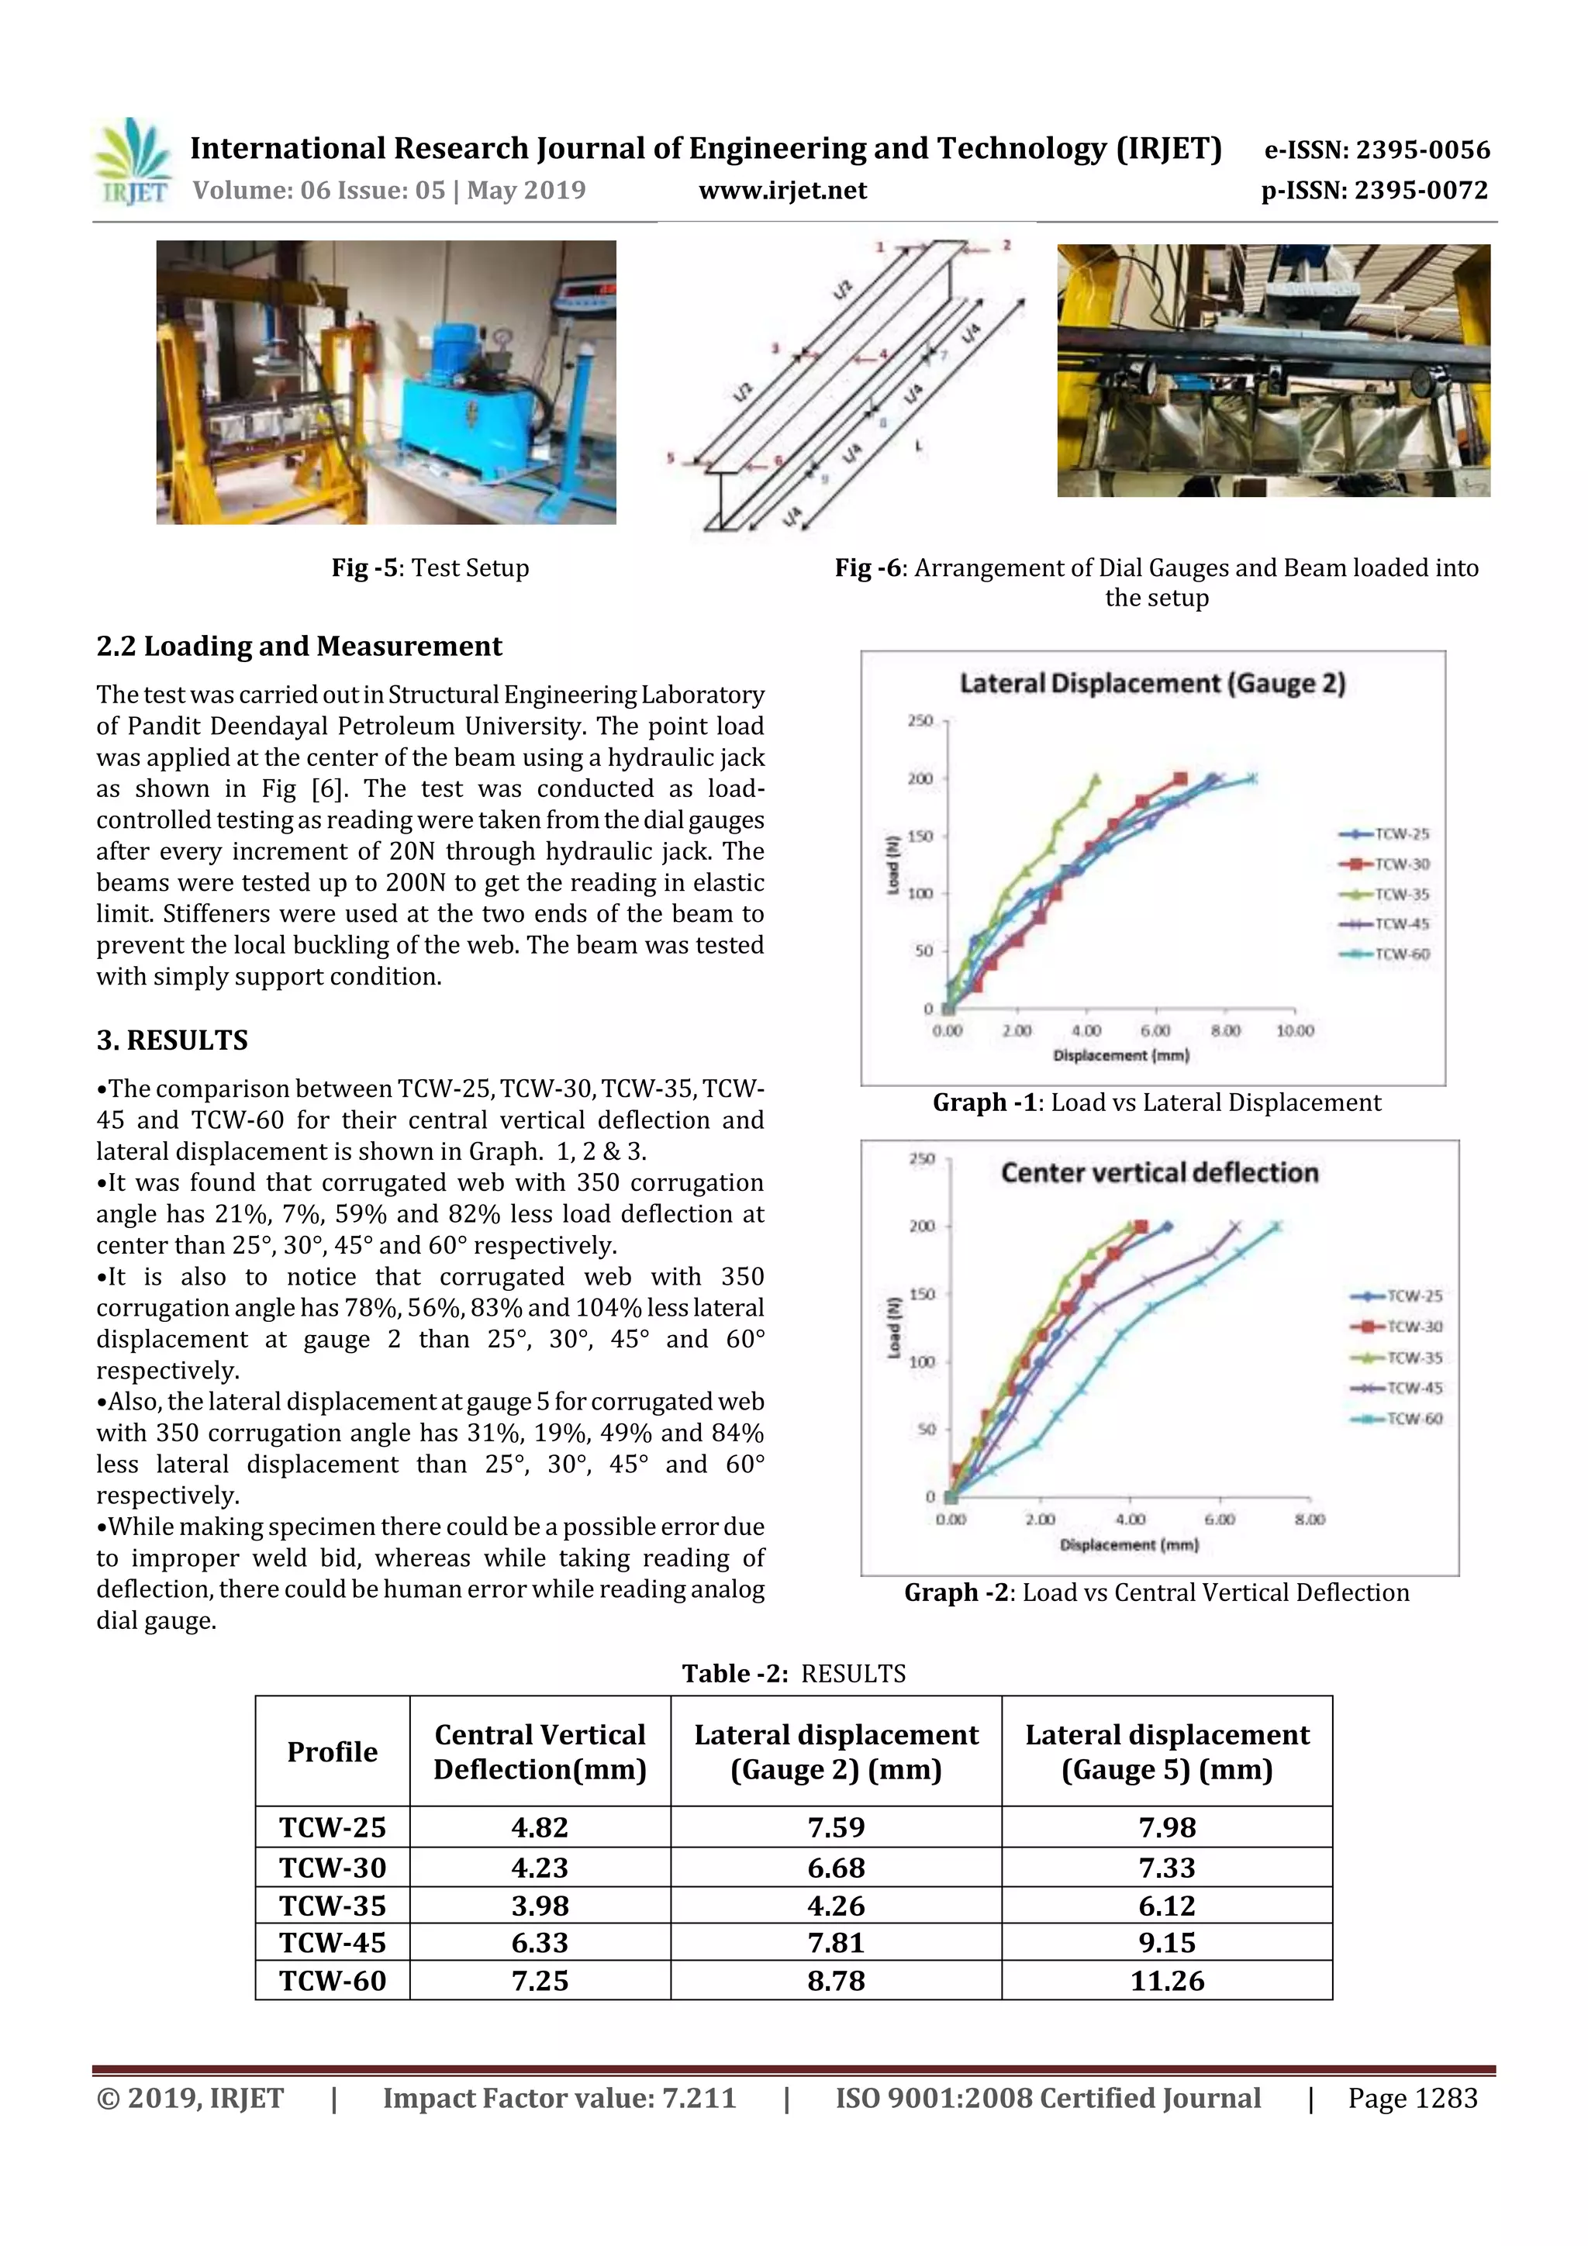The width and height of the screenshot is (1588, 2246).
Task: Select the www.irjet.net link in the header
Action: (782, 190)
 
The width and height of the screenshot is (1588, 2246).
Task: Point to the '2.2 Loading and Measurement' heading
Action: (299, 647)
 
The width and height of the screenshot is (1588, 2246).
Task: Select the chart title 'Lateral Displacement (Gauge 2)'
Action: (1151, 683)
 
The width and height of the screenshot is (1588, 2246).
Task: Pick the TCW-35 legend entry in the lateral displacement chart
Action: (1385, 894)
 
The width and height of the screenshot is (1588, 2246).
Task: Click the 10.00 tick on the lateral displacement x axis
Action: (1294, 1030)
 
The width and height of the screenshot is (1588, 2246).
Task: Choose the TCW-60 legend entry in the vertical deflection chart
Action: (1397, 1419)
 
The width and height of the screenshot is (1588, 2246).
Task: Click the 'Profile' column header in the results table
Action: (332, 1751)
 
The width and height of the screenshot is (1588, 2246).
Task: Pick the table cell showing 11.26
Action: (1166, 1981)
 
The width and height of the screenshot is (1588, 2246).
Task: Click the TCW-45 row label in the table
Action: (332, 1943)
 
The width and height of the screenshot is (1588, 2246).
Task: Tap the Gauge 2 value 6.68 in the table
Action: (836, 1868)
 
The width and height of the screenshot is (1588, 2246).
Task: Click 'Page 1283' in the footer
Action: (1412, 2098)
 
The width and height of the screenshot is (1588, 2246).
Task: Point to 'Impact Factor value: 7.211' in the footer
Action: (559, 2098)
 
